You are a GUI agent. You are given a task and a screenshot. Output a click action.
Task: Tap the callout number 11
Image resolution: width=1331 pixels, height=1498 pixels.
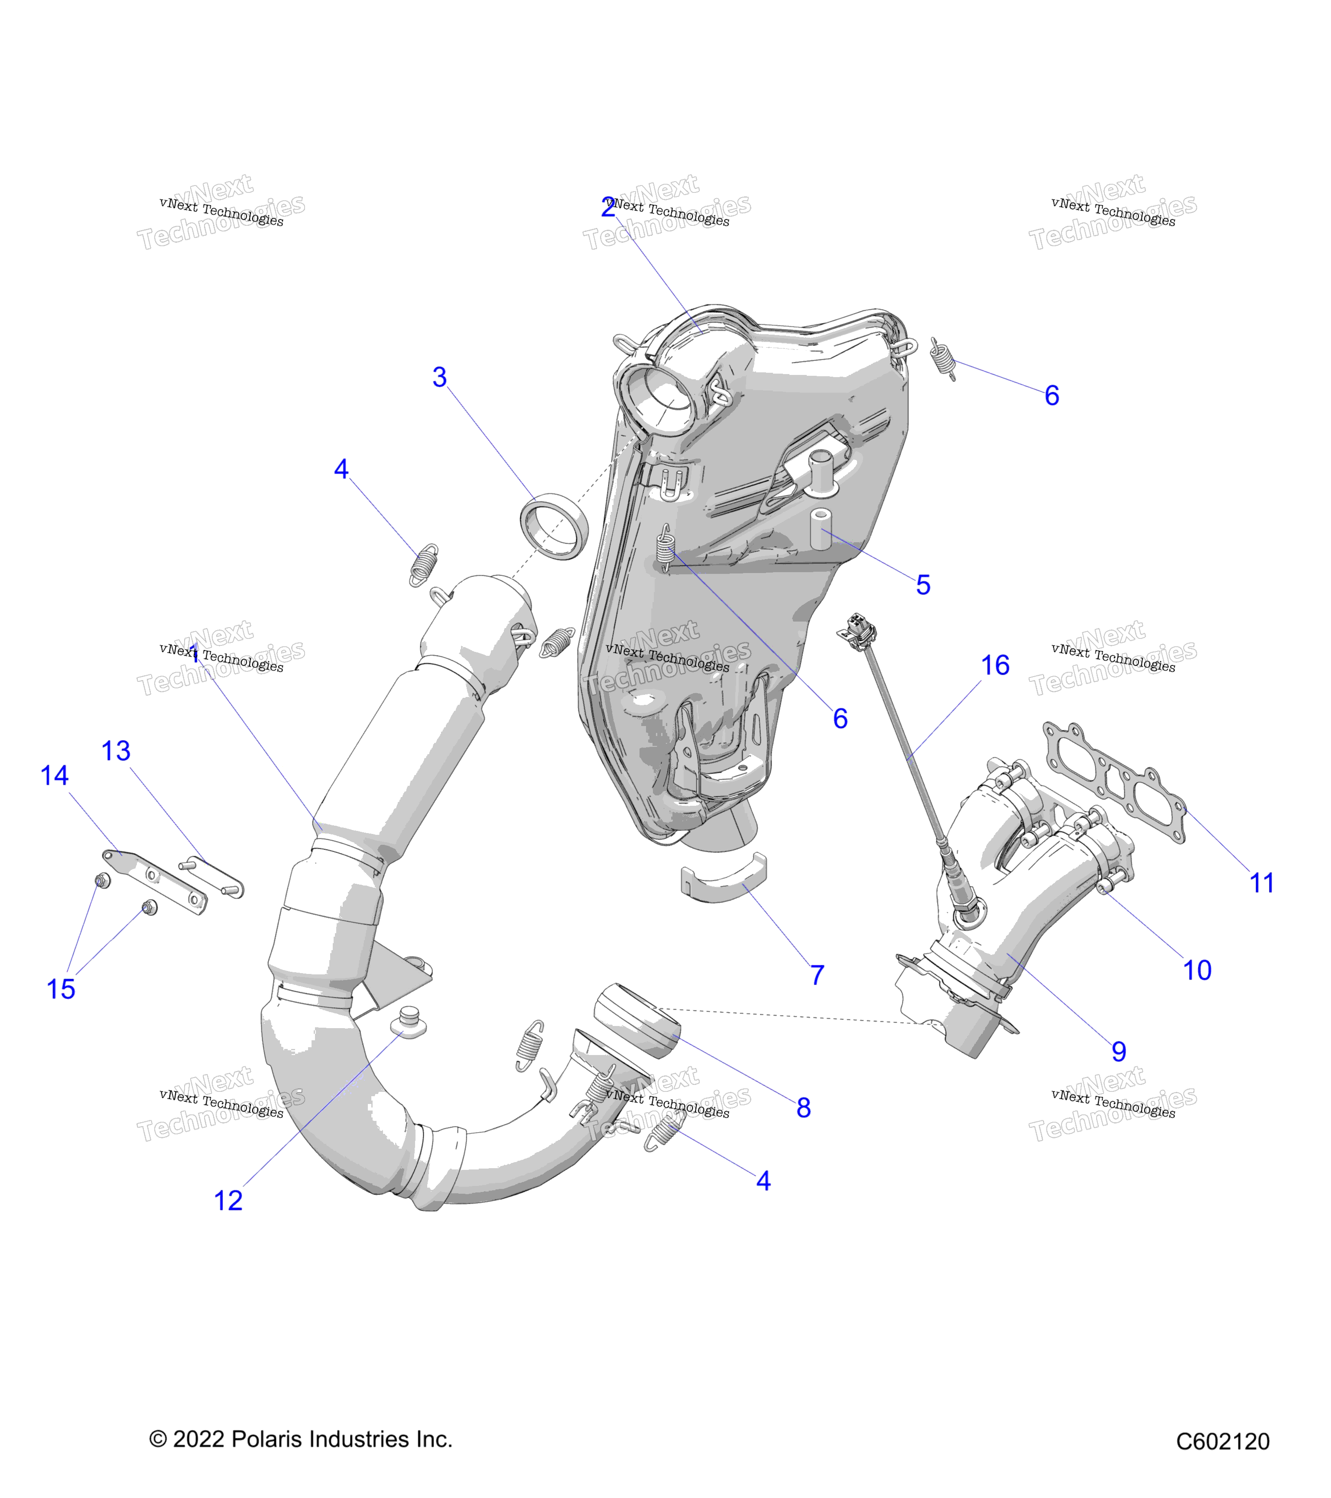pyautogui.click(x=1261, y=883)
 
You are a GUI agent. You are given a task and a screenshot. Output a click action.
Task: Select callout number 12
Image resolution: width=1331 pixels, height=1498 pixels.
pyautogui.click(x=228, y=1201)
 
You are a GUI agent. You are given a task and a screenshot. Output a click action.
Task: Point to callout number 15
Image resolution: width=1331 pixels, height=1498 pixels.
pyautogui.click(x=61, y=990)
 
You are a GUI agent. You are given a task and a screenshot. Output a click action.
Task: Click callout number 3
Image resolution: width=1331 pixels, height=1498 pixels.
pyautogui.click(x=439, y=378)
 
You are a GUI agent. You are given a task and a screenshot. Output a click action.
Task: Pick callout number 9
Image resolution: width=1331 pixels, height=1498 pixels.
pyautogui.click(x=1119, y=1052)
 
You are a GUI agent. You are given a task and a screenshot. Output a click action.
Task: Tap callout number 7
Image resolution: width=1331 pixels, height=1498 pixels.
pyautogui.click(x=818, y=975)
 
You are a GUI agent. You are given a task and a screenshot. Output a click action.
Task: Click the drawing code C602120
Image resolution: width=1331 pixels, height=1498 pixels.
pyautogui.click(x=1223, y=1442)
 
